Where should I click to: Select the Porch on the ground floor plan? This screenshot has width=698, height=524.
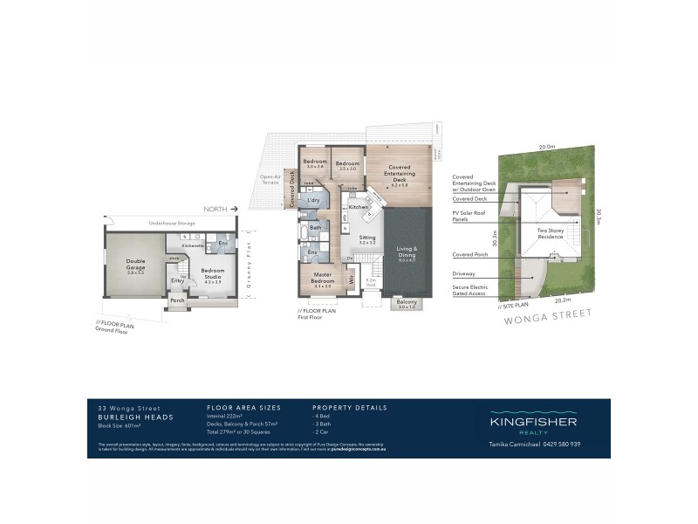pyautogui.click(x=178, y=300)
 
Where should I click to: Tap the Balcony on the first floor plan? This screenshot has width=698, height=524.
pyautogui.click(x=407, y=302)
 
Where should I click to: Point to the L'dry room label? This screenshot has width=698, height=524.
pyautogui.click(x=312, y=201)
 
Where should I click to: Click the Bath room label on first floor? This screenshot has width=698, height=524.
pyautogui.click(x=315, y=228)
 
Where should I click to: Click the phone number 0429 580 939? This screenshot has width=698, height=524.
pyautogui.click(x=573, y=444)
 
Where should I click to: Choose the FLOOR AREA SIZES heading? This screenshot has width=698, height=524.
pyautogui.click(x=243, y=408)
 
